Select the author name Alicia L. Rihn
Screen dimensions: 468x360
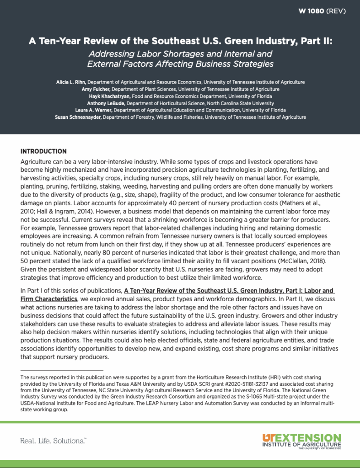pyautogui.click(x=70, y=82)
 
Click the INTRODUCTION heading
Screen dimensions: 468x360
pyautogui.click(x=43, y=151)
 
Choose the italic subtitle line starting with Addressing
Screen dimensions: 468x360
pyautogui.click(x=180, y=53)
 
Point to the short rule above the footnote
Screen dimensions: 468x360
pyautogui.click(x=62, y=370)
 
